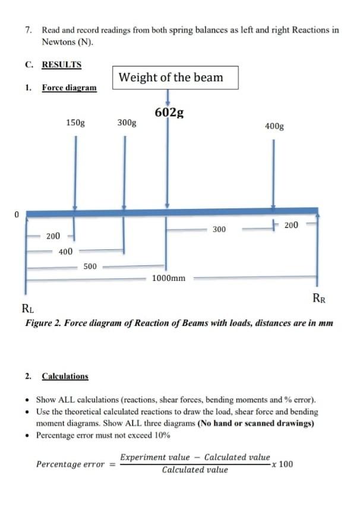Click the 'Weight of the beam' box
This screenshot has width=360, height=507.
[x=170, y=78]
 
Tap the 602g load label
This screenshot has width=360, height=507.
[x=169, y=113]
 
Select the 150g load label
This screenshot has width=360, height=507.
[x=75, y=123]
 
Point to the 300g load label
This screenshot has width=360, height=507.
[x=127, y=123]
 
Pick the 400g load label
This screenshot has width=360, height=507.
[x=274, y=126]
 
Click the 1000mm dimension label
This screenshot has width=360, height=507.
[x=169, y=278]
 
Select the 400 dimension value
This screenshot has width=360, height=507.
[x=65, y=252]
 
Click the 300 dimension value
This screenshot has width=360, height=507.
[x=219, y=229]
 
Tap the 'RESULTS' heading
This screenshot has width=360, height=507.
[x=61, y=65]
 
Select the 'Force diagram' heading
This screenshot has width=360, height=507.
[x=69, y=88]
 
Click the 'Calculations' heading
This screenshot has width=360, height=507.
[x=65, y=376]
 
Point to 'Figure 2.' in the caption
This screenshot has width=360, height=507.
[x=42, y=324]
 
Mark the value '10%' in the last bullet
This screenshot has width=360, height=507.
[x=162, y=435]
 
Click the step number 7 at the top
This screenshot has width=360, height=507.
[x=28, y=30]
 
